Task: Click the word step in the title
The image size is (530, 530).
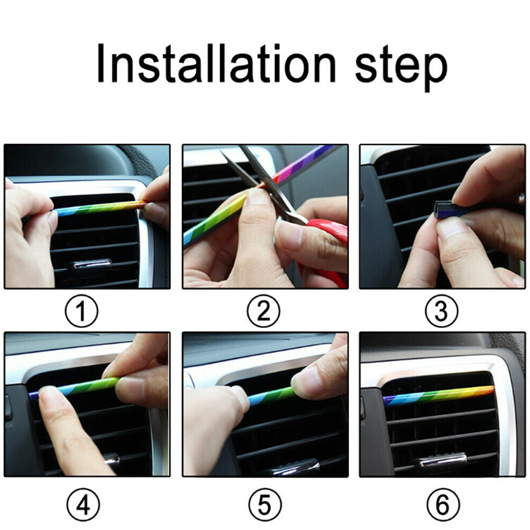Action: (401, 68)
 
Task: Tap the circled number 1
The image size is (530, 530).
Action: (81, 311)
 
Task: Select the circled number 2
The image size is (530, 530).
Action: (263, 311)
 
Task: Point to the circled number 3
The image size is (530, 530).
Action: (442, 311)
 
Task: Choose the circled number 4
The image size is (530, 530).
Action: (83, 505)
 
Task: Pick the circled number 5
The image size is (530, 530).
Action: (264, 505)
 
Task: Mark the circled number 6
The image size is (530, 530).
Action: (443, 505)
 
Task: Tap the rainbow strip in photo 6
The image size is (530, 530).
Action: (438, 395)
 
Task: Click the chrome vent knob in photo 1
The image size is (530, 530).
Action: (92, 264)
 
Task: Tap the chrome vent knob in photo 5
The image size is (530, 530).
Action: (296, 468)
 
